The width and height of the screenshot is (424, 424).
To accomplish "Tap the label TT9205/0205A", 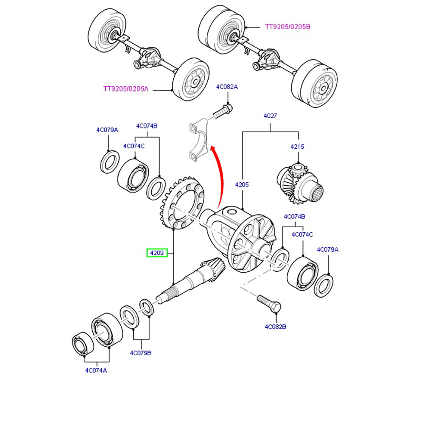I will (126, 89).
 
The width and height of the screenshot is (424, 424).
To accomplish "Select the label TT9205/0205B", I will (288, 27).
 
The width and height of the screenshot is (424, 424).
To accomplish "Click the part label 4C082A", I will (227, 87).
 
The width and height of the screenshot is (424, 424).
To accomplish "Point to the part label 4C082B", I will (276, 327).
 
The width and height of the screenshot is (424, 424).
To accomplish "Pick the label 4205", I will (242, 184).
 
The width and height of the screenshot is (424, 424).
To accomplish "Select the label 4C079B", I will (141, 352).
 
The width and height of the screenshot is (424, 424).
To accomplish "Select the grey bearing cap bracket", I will (198, 140).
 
